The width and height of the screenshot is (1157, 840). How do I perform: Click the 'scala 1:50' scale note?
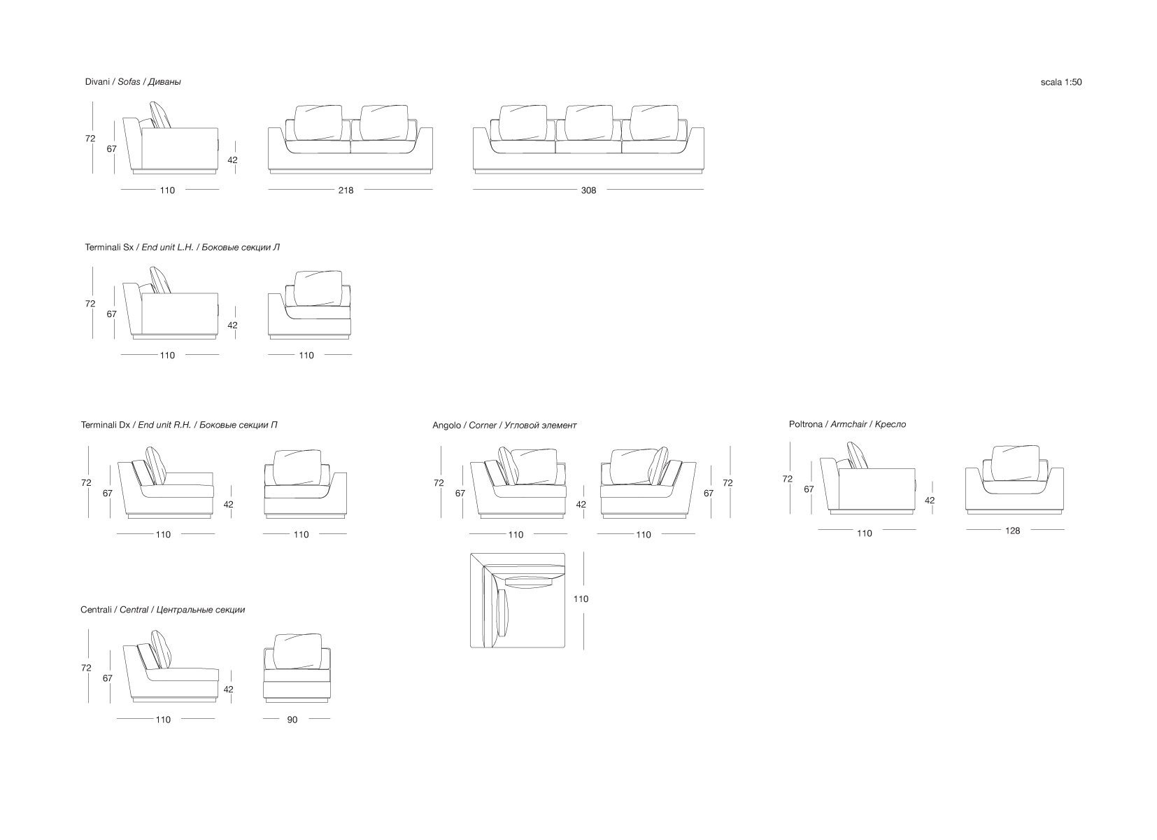pos(1060,82)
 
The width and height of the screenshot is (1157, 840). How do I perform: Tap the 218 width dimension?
pos(346,190)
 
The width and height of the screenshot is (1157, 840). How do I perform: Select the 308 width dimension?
pos(588,190)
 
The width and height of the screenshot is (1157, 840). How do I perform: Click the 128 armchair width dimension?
pos(1012,531)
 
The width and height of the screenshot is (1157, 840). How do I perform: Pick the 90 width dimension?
pos(292,720)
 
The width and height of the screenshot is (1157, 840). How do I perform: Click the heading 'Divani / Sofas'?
pos(133,82)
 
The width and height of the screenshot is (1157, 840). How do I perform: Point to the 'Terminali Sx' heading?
pos(182,247)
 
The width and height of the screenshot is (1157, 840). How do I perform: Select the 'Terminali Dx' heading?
pos(179,425)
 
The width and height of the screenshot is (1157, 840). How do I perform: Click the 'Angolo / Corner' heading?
pos(504,425)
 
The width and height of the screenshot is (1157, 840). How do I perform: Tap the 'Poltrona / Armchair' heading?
pos(847,424)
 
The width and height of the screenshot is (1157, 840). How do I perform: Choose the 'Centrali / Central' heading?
pos(162,610)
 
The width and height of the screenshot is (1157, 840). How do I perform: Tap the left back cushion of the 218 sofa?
pos(318,122)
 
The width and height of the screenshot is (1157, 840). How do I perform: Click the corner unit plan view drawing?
pos(517,600)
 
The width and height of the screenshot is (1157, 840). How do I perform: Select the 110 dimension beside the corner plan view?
pos(581,599)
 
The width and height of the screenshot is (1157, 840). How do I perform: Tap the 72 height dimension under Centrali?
pos(86,668)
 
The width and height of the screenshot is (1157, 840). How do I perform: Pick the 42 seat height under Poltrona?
pos(930,500)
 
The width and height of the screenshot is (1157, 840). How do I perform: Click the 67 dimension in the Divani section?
pos(111,149)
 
